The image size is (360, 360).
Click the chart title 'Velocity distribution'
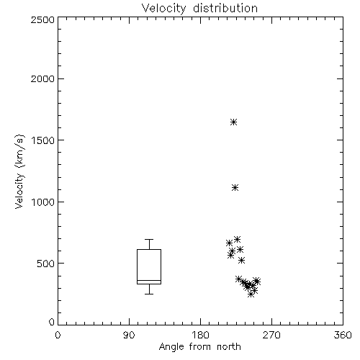[x=199, y=8]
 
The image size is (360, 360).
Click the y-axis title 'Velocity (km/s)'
[x=19, y=171]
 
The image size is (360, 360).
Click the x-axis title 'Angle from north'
[x=199, y=346]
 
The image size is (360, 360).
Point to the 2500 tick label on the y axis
[x=42, y=19]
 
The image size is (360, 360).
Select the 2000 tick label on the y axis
[x=42, y=78]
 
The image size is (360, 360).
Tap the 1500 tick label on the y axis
[x=43, y=140]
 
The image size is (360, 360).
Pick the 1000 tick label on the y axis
[x=43, y=202]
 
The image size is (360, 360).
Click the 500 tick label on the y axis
[x=46, y=264]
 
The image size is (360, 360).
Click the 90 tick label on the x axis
[x=129, y=335]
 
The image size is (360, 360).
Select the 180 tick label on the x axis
[x=200, y=335]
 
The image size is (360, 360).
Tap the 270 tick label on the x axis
[x=271, y=335]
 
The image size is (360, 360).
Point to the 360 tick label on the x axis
[x=343, y=335]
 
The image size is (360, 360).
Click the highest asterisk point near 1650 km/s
[x=233, y=122]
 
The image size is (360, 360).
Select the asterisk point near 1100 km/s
[x=235, y=187]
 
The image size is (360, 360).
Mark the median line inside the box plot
[x=149, y=280]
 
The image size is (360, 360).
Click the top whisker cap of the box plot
[x=149, y=239]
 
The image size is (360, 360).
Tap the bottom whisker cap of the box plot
[x=149, y=294]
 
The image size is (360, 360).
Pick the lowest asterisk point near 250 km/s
[x=251, y=294]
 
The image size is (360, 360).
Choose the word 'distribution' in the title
[x=225, y=8]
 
